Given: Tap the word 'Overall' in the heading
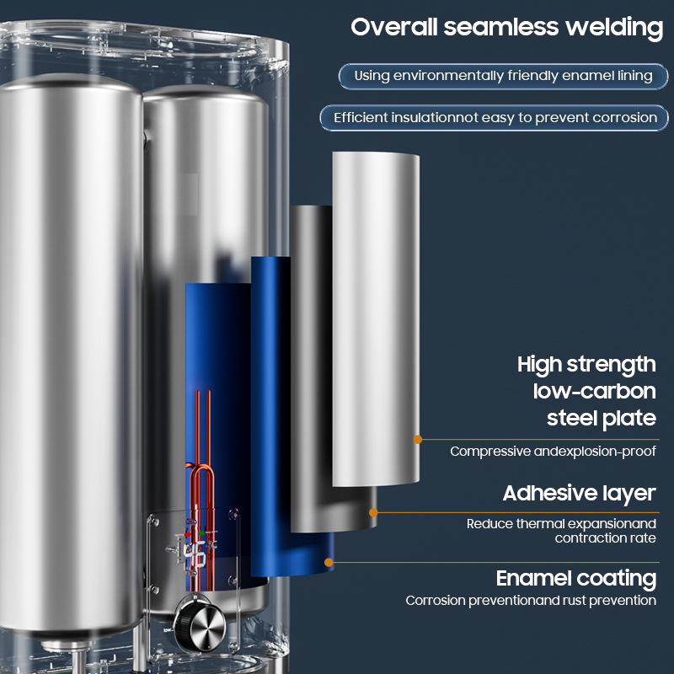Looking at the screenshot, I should coord(393,27).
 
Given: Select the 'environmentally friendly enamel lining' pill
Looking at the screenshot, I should coord(503,76).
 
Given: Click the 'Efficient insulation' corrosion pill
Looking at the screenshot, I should coord(495,117).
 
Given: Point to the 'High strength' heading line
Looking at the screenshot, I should coord(586,365).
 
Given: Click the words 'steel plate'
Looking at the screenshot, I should coord(601,417).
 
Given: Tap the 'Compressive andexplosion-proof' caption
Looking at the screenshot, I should coord(553,452).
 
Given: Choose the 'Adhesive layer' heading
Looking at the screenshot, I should coord(579,493).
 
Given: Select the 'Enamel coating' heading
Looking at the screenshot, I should coord(576,579).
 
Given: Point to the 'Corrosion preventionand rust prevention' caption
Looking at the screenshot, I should coord(531,601).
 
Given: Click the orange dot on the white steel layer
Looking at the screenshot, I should coord(416,439).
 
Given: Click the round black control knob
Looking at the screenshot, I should coord(200,628).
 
